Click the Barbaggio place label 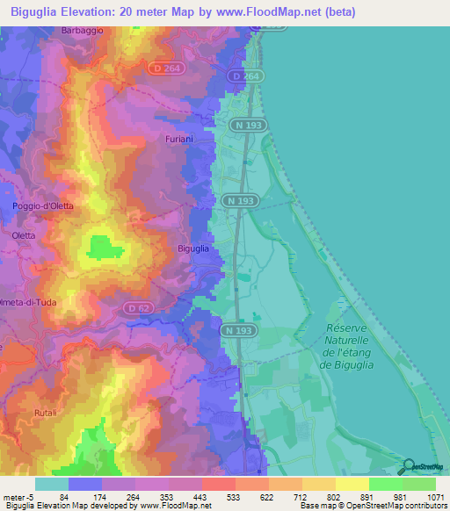coord(83,30)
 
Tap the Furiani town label coord(178,140)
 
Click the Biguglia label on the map coord(192,248)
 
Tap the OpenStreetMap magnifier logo coord(408,465)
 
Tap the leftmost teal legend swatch coord(52,483)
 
